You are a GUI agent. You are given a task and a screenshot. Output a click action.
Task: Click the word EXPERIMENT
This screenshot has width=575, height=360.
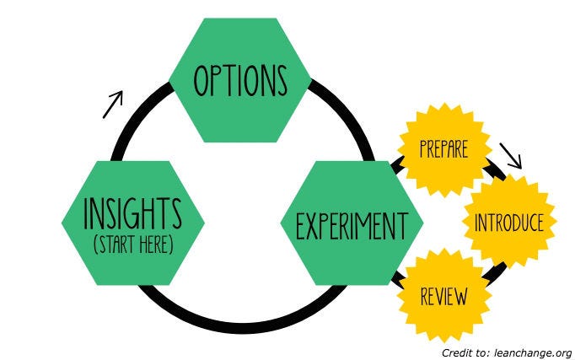352,226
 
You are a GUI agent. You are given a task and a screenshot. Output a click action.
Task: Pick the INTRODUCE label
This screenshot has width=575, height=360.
508,223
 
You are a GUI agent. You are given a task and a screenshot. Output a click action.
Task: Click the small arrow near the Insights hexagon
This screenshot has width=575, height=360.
113,103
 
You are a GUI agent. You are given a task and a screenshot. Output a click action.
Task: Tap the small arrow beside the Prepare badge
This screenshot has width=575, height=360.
511,154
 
